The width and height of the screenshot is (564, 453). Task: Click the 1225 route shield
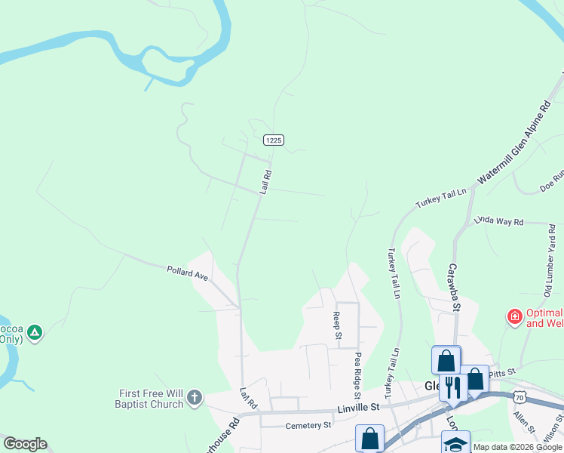tap(273, 140)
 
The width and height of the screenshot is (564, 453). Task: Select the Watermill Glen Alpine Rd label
tap(520, 162)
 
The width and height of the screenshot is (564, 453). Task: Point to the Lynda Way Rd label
tap(498, 221)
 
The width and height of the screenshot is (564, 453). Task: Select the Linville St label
tap(354, 408)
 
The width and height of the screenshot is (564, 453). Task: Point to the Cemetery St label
tap(308, 426)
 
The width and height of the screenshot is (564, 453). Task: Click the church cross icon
tap(194, 397)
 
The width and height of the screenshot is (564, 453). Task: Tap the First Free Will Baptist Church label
tap(151, 399)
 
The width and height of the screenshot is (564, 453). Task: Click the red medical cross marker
tap(515, 316)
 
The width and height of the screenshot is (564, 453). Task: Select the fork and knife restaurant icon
tap(452, 387)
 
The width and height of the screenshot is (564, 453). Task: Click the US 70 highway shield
tap(518, 396)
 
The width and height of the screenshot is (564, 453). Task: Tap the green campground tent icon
tap(35, 331)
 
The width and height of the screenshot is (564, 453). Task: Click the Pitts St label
tap(501, 372)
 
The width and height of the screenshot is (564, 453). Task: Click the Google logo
tap(25, 444)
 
